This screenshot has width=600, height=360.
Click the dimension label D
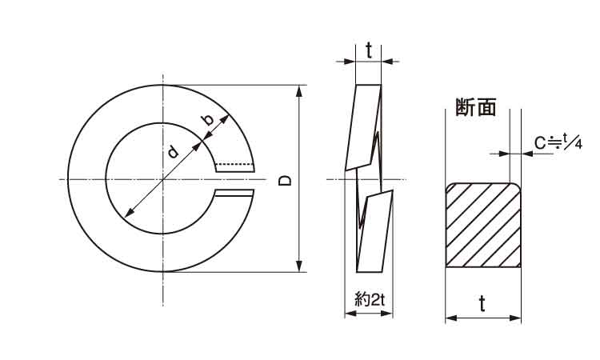(x=284, y=180)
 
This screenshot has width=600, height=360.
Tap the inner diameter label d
(x=174, y=151)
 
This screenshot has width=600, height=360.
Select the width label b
(x=208, y=120)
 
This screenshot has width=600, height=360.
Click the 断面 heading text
(x=476, y=106)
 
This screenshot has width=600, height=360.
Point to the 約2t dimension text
(x=370, y=298)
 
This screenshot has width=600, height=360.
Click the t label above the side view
(x=369, y=51)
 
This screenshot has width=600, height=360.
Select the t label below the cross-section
(x=482, y=304)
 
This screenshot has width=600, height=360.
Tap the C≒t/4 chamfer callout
(x=558, y=142)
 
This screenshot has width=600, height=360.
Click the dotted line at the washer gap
(x=235, y=165)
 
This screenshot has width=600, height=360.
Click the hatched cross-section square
(x=483, y=225)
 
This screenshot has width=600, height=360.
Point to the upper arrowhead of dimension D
(x=299, y=91)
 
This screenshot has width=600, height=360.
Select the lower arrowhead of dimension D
(x=299, y=266)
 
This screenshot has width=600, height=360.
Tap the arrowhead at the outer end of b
(x=225, y=119)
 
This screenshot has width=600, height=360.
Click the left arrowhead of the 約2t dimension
(x=350, y=314)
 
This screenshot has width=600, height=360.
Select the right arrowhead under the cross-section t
(x=515, y=318)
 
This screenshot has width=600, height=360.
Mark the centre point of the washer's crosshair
(x=163, y=179)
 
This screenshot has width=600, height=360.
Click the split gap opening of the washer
(x=234, y=180)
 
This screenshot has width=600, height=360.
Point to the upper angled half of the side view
(x=363, y=127)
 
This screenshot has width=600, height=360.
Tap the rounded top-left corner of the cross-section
(x=450, y=187)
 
